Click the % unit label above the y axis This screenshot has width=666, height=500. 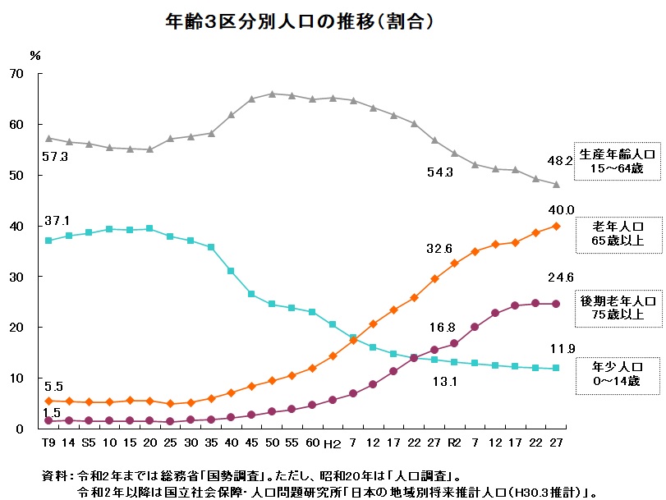(34, 56)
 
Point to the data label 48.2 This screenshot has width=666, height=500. (560, 161)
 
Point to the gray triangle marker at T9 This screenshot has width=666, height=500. (48, 138)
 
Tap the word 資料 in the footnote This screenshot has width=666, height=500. (53, 475)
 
